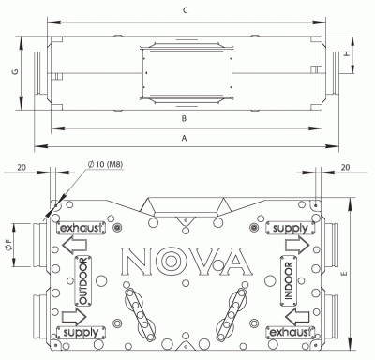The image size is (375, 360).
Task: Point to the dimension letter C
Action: pyautogui.click(x=187, y=11)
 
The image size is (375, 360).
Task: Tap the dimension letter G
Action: pyautogui.click(x=15, y=70)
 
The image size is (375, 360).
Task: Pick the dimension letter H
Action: pyautogui.click(x=348, y=55)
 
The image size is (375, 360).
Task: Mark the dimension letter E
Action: pyautogui.click(x=348, y=274)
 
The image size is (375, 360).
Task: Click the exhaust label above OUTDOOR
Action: pyautogui.click(x=77, y=228)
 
